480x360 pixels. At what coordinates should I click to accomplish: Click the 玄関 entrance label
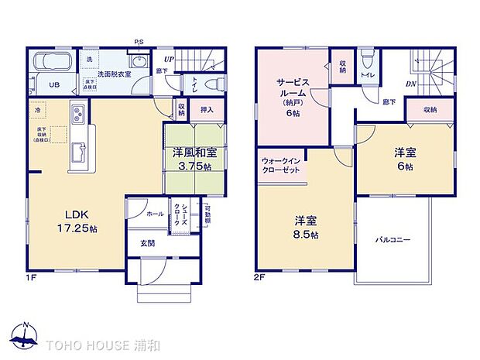pos(147,243)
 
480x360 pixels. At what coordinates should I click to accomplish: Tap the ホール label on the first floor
pos(155,213)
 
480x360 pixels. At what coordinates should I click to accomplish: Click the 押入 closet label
pos(207,111)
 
